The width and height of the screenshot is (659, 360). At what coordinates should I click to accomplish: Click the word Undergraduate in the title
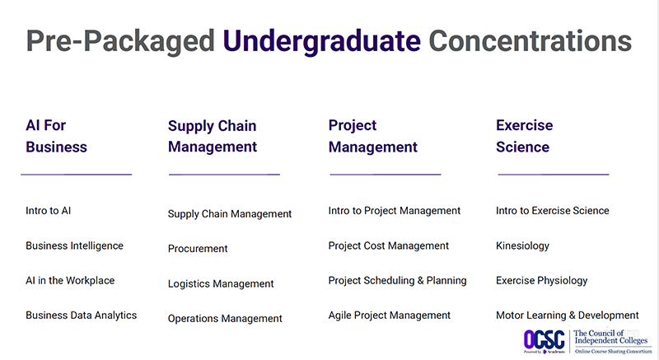click(320, 40)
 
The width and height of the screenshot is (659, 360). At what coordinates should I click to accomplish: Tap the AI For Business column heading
click(56, 137)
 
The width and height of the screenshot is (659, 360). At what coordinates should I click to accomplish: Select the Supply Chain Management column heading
click(213, 137)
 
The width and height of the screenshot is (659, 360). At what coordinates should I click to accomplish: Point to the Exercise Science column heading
click(524, 137)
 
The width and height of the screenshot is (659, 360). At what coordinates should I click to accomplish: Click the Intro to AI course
click(49, 211)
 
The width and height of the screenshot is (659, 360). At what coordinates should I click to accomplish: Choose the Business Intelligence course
click(74, 245)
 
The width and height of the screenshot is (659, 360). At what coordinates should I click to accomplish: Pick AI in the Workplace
click(70, 280)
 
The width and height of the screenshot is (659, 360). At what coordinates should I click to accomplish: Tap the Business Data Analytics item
click(81, 315)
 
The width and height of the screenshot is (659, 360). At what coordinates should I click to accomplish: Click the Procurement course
click(198, 249)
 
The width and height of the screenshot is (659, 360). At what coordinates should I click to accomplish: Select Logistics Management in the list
click(221, 283)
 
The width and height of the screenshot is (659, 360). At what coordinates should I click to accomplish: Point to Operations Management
click(225, 319)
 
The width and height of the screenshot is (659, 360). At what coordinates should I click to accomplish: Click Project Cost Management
click(388, 245)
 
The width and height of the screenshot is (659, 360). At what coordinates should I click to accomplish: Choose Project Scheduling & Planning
click(397, 280)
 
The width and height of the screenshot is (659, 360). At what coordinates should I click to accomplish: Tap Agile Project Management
click(389, 315)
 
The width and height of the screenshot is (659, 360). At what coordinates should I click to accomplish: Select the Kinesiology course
click(522, 245)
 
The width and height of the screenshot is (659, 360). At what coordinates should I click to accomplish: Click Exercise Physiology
click(541, 280)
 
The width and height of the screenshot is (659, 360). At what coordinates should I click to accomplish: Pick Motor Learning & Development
click(567, 315)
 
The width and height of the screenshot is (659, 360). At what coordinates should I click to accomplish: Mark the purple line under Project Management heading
click(385, 174)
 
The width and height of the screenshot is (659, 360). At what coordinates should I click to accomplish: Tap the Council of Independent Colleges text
click(611, 336)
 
